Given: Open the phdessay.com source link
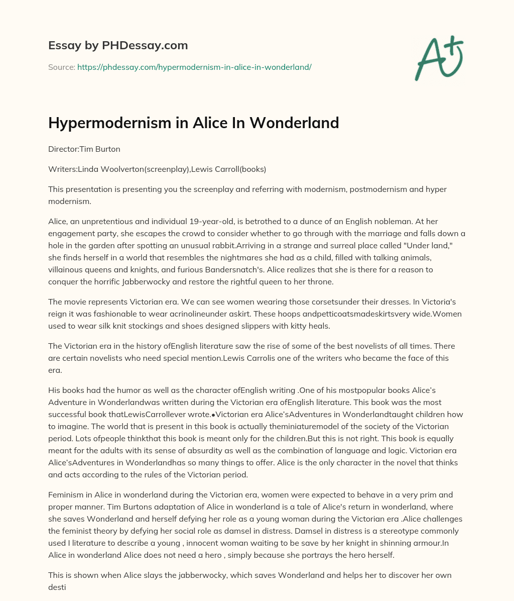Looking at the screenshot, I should tap(194, 67).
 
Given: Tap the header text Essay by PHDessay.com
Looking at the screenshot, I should tap(118, 45).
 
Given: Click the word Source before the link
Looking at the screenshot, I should tap(61, 67).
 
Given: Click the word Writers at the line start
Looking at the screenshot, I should tap(63, 169).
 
